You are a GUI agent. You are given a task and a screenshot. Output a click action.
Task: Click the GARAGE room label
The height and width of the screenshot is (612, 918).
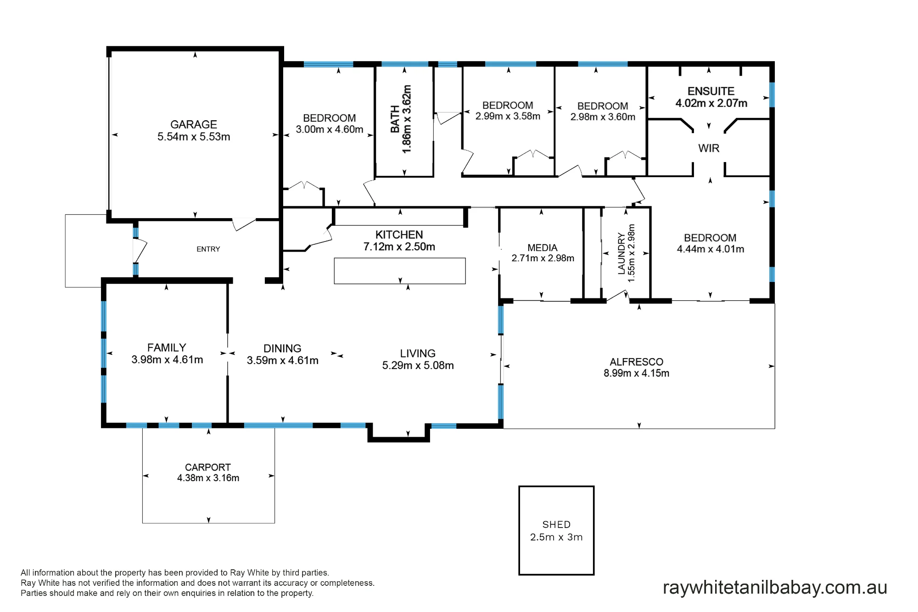[x=194, y=124]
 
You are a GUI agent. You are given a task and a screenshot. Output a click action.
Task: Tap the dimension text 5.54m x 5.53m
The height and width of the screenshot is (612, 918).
[x=194, y=137]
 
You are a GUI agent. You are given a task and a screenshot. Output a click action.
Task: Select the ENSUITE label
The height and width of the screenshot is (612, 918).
[x=711, y=91]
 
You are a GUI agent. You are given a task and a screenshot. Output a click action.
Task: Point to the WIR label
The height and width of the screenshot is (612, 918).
[x=709, y=148]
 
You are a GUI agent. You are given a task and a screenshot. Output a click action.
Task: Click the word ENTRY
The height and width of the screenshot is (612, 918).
[x=208, y=249]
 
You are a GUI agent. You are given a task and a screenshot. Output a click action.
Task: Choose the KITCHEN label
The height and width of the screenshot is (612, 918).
[x=399, y=235]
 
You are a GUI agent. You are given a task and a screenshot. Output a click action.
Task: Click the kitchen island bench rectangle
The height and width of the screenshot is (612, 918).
[x=400, y=271]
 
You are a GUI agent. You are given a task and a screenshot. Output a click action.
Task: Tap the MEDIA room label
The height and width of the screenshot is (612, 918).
[x=543, y=248]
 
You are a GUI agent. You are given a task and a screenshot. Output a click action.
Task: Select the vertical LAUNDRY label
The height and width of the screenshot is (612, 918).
[x=621, y=253]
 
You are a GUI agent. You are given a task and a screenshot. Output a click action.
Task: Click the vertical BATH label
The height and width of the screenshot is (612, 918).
[x=395, y=119]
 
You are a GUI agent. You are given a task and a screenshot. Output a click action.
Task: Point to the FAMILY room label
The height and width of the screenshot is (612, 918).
[x=167, y=348]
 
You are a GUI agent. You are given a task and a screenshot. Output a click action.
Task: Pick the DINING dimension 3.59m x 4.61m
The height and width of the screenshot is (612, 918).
[x=283, y=361]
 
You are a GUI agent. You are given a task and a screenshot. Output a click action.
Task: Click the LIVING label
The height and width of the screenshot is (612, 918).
[x=418, y=354]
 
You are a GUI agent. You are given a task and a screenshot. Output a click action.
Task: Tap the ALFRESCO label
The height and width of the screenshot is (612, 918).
[x=637, y=362]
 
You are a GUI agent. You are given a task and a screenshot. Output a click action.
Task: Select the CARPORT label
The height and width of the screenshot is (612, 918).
[x=208, y=467]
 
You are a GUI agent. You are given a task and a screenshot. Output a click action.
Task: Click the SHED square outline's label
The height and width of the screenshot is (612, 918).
[x=557, y=525]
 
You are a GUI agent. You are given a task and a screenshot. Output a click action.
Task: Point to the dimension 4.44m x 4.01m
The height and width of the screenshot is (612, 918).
[x=711, y=249]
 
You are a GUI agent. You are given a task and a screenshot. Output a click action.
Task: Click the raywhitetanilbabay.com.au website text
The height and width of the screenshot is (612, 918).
[x=775, y=588]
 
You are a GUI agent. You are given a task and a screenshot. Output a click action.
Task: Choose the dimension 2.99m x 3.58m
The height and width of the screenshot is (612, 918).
[x=508, y=117]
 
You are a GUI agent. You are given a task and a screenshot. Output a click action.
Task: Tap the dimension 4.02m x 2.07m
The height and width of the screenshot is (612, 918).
[x=711, y=103]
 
